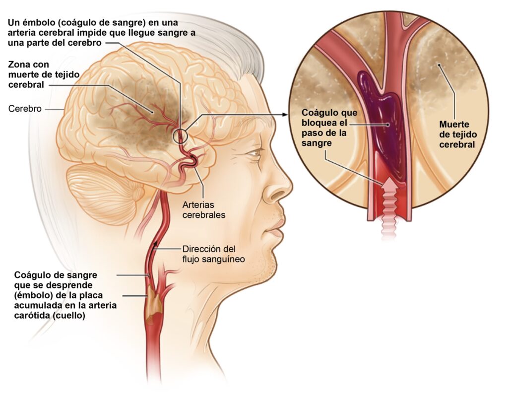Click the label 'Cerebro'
click(24, 109)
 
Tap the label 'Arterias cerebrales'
click(203, 210)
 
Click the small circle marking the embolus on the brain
click(180, 135)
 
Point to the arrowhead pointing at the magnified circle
click(285, 115)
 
